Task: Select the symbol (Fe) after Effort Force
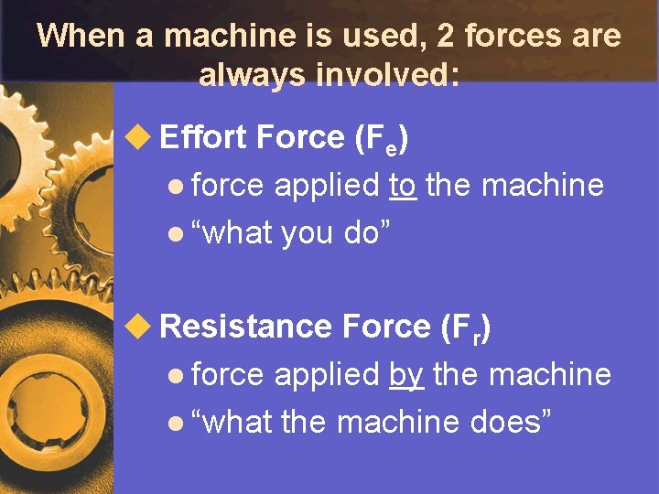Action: (381, 139)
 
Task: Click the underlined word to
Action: (404, 186)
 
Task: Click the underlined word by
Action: (406, 375)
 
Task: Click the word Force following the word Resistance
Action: (385, 326)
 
